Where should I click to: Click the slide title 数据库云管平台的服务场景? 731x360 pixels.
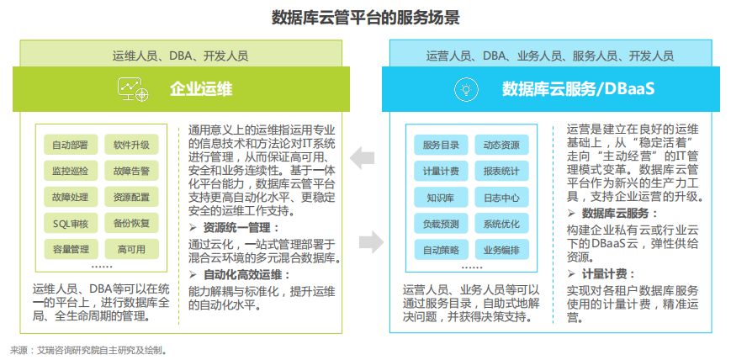365,17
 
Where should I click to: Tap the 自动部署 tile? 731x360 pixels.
70,145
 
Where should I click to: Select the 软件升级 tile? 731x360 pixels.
132,145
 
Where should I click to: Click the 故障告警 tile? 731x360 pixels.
132,171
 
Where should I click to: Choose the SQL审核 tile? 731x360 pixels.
70,223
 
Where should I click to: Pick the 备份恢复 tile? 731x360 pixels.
132,223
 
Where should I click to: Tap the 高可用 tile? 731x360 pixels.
132,249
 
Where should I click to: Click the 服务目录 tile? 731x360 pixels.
441,145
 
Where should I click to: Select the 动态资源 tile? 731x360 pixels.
501,145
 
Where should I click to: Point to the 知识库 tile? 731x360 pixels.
441,198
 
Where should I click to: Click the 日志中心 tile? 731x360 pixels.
501,198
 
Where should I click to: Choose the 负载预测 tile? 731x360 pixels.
441,224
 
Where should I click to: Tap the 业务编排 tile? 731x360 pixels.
501,250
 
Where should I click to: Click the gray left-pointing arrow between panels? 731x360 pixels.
363,156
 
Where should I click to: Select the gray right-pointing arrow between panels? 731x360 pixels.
371,243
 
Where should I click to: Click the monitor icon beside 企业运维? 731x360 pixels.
134,88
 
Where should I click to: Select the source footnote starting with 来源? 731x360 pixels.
89,349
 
